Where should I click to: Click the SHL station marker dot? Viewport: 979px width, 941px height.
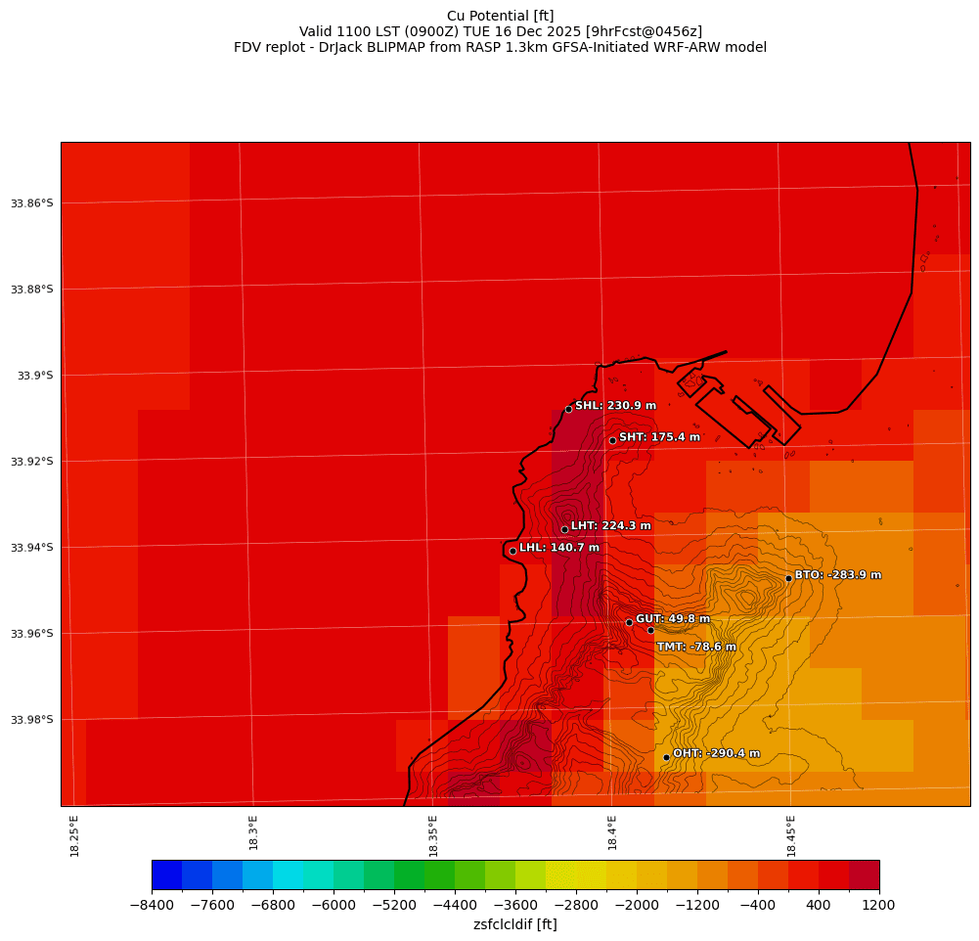click(568, 409)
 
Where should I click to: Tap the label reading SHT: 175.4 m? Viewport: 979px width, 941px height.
click(659, 437)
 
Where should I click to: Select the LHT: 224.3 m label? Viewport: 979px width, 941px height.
click(610, 526)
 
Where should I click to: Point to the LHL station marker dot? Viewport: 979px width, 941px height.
click(512, 551)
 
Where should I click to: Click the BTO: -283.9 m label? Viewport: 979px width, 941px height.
click(837, 575)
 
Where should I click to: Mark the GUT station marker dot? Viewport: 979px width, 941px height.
click(629, 622)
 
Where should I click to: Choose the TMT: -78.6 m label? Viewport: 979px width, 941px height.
click(695, 647)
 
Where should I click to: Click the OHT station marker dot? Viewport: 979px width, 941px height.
click(666, 757)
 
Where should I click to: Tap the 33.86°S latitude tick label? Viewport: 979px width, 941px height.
click(31, 203)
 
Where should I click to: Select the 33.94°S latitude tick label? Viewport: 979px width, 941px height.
click(31, 548)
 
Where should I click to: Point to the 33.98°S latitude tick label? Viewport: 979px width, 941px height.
click(31, 720)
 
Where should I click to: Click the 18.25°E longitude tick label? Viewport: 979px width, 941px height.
click(74, 835)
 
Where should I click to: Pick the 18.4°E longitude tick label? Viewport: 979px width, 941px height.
click(612, 835)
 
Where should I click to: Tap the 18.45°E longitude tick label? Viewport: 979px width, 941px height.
click(791, 835)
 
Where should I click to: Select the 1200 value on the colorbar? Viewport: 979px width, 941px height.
click(878, 906)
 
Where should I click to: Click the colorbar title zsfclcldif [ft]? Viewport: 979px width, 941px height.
click(514, 924)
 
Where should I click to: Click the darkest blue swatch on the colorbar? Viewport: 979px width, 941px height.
click(166, 874)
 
